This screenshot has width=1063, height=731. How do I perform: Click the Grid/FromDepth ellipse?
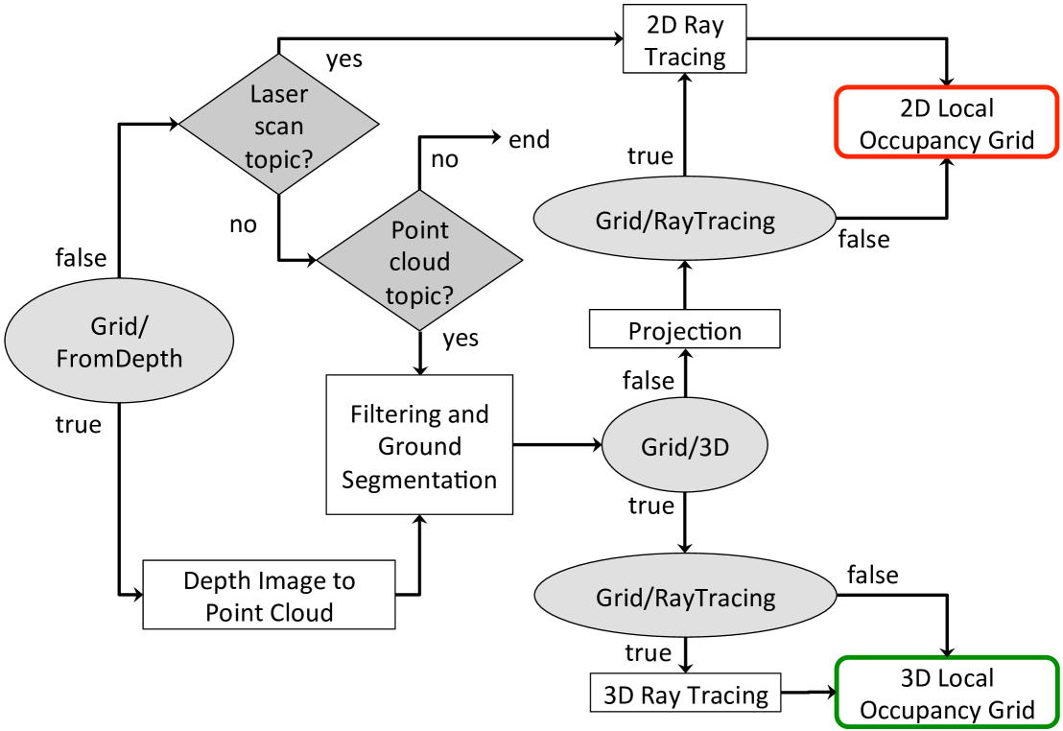[119, 343]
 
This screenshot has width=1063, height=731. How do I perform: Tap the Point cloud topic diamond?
[419, 262]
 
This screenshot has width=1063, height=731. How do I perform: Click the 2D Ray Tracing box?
[684, 39]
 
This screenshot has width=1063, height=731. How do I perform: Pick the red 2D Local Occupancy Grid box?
[946, 123]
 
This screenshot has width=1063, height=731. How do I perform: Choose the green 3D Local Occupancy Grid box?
[946, 694]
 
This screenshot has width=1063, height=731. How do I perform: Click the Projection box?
[684, 332]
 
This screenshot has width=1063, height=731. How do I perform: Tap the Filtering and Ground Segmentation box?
[419, 446]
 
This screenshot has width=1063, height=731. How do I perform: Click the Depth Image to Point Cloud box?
[269, 596]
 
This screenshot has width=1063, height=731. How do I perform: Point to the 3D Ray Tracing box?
[684, 695]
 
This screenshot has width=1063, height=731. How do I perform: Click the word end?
[530, 140]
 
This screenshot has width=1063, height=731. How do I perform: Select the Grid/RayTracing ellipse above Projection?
[684, 221]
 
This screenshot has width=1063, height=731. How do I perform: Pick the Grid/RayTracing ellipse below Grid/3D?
[684, 598]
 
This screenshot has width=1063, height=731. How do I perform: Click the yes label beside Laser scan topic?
[344, 59]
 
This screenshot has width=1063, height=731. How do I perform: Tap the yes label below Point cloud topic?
[461, 339]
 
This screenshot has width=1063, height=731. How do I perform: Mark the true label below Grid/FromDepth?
[78, 424]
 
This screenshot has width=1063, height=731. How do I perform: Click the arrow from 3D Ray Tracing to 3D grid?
[809, 692]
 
